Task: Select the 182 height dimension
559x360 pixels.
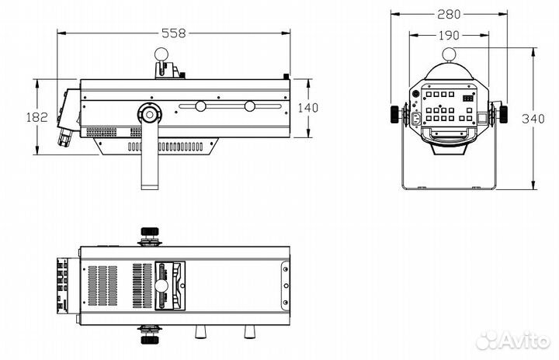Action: pyautogui.click(x=37, y=117)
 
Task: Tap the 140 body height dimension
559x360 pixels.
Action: pyautogui.click(x=308, y=108)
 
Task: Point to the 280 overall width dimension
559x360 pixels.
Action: pyautogui.click(x=449, y=14)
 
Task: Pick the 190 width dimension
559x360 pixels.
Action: pyautogui.click(x=449, y=35)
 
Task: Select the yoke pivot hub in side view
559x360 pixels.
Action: pyautogui.click(x=148, y=115)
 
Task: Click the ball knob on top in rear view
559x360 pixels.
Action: pyautogui.click(x=449, y=54)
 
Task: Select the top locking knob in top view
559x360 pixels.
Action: pyautogui.click(x=148, y=233)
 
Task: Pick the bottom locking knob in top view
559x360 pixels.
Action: pyautogui.click(x=148, y=335)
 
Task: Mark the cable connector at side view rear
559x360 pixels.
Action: pyautogui.click(x=64, y=138)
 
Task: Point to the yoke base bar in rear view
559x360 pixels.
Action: pyautogui.click(x=449, y=188)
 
